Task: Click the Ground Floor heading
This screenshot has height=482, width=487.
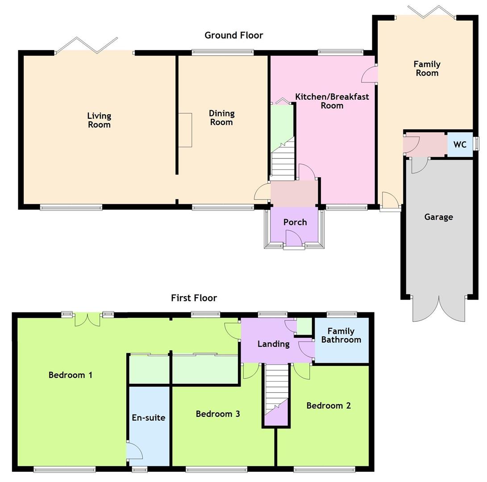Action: [x=233, y=35]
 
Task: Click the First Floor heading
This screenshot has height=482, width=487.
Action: [x=194, y=298]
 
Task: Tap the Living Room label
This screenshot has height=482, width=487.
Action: [x=99, y=120]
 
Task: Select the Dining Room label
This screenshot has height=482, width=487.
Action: [x=221, y=118]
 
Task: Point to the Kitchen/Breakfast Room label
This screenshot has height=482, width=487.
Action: [x=332, y=101]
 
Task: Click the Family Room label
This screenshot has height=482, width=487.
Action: [x=427, y=69]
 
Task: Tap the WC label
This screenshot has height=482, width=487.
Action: [x=460, y=145]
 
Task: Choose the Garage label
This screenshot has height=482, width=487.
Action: [x=438, y=217]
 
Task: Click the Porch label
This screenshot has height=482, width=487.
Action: [x=295, y=222]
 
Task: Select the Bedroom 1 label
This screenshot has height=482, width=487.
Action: [x=71, y=375]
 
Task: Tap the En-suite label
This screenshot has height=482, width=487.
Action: [x=149, y=417]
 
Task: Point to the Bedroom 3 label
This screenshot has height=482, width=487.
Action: [x=218, y=414]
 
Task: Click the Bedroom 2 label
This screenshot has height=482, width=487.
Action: [x=329, y=405]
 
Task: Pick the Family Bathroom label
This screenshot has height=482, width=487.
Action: [x=341, y=335]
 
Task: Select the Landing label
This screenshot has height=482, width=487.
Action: [x=273, y=344]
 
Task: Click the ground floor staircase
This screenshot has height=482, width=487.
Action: [x=283, y=158]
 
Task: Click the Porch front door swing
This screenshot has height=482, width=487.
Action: [x=294, y=238]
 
